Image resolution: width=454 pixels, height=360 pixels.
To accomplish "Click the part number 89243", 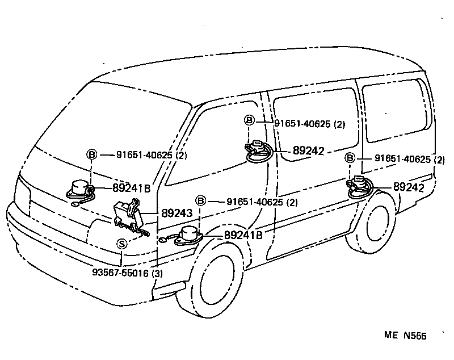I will (x=178, y=214).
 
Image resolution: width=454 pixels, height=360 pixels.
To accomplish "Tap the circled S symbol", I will (x=122, y=244).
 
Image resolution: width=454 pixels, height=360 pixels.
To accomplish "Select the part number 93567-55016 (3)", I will (x=127, y=273).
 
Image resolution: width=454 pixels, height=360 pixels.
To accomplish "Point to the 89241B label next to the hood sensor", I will (x=131, y=188).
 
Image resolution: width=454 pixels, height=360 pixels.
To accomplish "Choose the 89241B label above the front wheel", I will (x=243, y=235).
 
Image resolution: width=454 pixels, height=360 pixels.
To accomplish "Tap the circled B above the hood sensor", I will (x=91, y=154).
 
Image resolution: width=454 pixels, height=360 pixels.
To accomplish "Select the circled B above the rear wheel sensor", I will (x=350, y=158).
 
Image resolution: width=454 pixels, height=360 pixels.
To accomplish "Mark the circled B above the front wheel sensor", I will (x=200, y=200).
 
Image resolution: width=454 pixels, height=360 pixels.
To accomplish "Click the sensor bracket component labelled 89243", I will (x=129, y=214).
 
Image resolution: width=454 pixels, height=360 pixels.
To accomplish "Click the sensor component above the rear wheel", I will (x=358, y=185).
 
